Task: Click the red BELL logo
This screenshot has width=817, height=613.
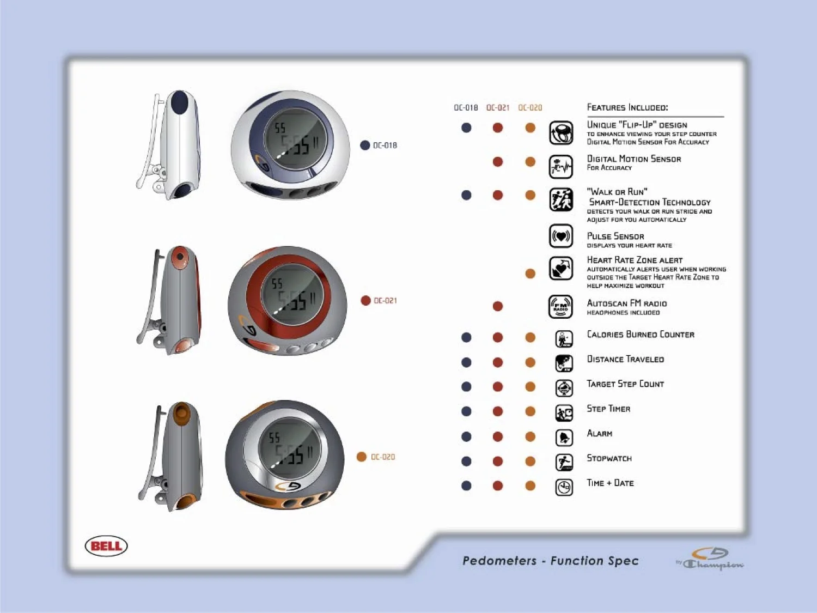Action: (106, 546)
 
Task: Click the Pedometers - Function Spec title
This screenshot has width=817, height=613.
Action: (550, 561)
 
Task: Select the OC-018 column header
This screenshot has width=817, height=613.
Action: (466, 108)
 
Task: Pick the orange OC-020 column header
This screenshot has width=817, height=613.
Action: (530, 108)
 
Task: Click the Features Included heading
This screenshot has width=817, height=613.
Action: (627, 107)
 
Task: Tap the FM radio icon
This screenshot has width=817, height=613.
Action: (560, 307)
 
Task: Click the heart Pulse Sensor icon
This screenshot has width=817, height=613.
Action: (560, 236)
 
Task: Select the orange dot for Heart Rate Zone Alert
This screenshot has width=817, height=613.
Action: (530, 274)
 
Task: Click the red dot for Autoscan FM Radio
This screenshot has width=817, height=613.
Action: (497, 306)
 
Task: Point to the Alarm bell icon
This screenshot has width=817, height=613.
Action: (564, 438)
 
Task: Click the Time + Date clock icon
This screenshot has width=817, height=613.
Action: (564, 487)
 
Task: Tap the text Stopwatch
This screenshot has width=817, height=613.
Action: (609, 458)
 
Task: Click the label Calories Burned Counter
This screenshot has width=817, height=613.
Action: (641, 335)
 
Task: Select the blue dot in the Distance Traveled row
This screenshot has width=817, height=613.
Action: (466, 362)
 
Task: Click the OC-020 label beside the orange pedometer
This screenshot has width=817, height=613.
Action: (382, 457)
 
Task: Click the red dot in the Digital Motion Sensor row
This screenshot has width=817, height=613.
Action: (497, 162)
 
